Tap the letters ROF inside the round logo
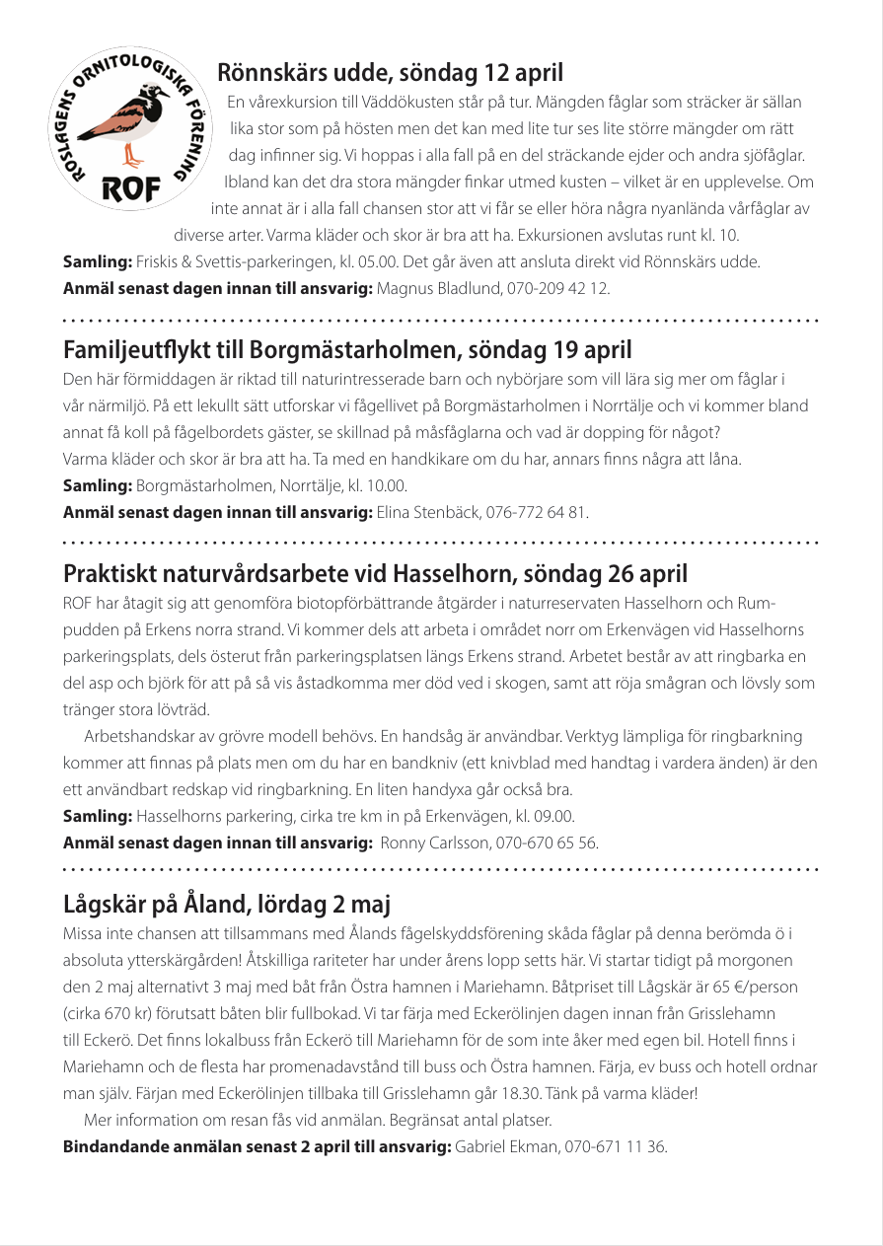point(126,190)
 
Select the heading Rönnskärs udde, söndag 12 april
point(391,72)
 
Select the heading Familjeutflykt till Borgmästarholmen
point(347,349)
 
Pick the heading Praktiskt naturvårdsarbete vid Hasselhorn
point(375,573)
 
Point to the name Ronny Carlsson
point(430,843)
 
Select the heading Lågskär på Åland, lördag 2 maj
point(228,904)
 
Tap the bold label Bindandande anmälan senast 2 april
point(257,1146)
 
